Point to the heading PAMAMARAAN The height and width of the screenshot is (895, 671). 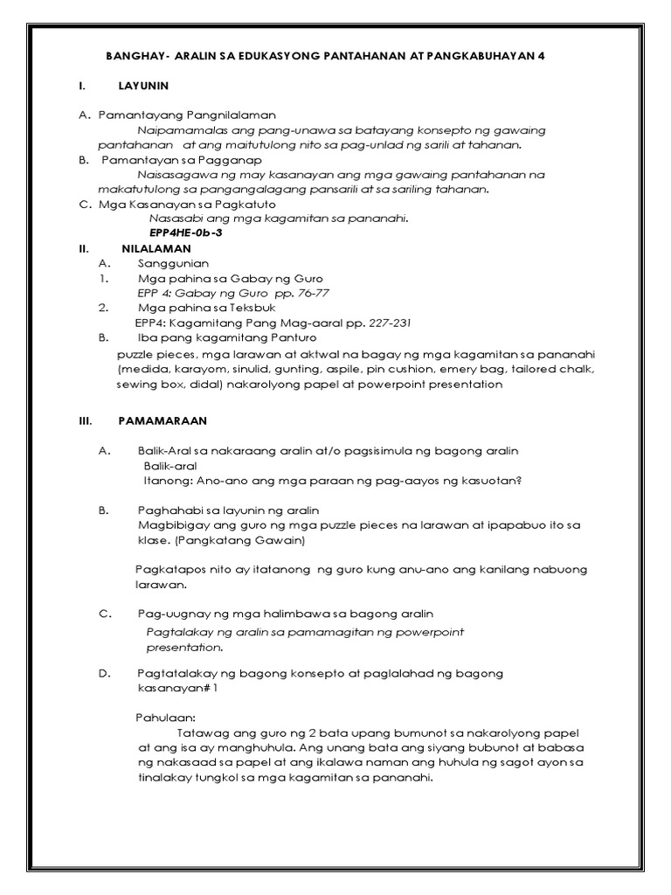point(162,420)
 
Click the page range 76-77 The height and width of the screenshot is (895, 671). point(312,293)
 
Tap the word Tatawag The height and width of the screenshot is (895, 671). point(202,732)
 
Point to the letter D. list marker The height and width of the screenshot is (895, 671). point(104,673)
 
